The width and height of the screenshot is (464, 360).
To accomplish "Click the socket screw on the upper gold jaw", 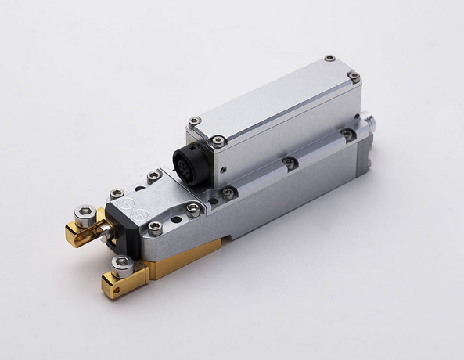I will [x=85, y=214].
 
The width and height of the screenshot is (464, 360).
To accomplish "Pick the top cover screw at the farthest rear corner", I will [x=329, y=59].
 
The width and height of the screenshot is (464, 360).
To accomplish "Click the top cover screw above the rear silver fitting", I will [x=354, y=77].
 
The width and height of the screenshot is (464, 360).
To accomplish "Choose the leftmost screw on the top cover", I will [x=194, y=122].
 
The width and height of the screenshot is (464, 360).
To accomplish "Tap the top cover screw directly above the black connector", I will [x=218, y=142].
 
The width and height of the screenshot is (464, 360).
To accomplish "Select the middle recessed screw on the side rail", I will [x=290, y=163].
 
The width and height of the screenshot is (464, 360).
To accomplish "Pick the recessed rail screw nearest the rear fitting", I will [x=347, y=135].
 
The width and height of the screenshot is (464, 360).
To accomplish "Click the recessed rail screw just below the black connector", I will [x=228, y=193].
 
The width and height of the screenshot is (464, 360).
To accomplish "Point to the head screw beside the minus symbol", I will [x=117, y=193].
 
